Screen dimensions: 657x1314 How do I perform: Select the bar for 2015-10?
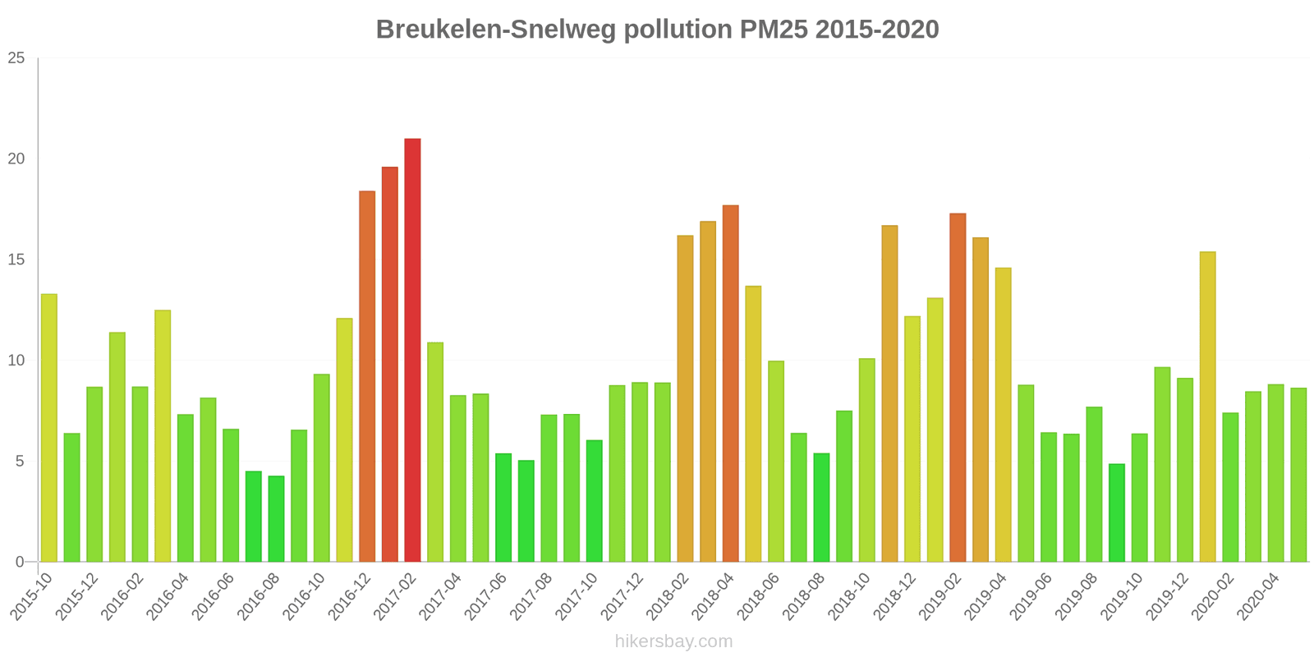pyautogui.click(x=49, y=428)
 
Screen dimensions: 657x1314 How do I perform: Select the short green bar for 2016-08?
pyautogui.click(x=276, y=519)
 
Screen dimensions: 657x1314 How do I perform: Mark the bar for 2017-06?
pyautogui.click(x=503, y=508)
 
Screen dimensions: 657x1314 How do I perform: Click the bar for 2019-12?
pyautogui.click(x=1184, y=470)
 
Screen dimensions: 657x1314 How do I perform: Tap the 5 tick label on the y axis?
pyautogui.click(x=21, y=462)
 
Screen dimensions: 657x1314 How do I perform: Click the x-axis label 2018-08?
pyautogui.click(x=805, y=595)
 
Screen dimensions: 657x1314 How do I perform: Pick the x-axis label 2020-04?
pyautogui.click(x=1259, y=595)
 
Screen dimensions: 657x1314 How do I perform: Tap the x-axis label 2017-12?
pyautogui.click(x=623, y=595)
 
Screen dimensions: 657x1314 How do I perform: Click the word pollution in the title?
pyautogui.click(x=677, y=30)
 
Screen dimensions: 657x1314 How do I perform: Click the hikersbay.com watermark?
pyautogui.click(x=673, y=641)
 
